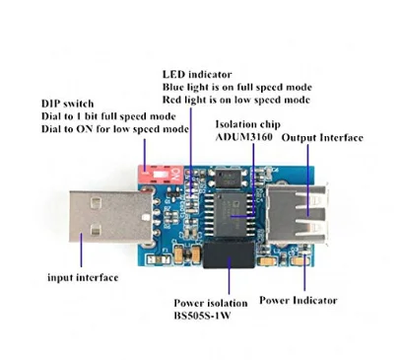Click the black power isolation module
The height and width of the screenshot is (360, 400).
pyautogui.click(x=229, y=264)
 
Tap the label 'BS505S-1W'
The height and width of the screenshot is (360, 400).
pyautogui.click(x=211, y=319)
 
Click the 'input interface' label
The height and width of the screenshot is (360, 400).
pyautogui.click(x=84, y=277)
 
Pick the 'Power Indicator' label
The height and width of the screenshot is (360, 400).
pyautogui.click(x=299, y=300)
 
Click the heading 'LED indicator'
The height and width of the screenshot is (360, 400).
pyautogui.click(x=196, y=73)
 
